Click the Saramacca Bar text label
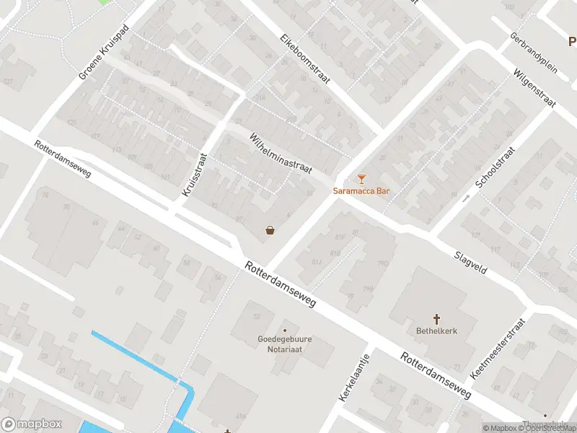click(361, 191)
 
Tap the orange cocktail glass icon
click(361, 179)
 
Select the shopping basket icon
click(270, 230)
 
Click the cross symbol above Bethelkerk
click(436, 319)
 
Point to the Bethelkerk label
click(436, 331)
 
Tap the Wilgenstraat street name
click(534, 89)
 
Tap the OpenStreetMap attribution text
click(549, 429)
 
